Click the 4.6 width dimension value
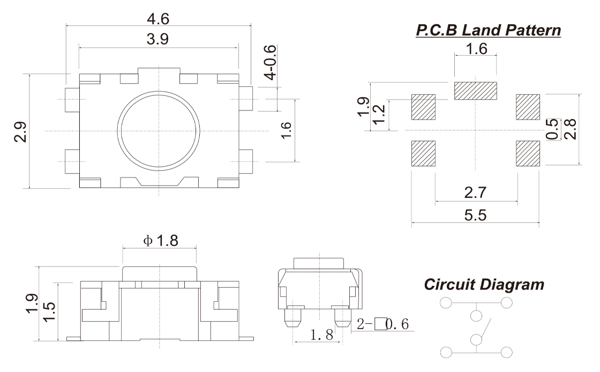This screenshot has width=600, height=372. pos(158,19)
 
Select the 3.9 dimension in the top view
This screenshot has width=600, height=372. pos(158,41)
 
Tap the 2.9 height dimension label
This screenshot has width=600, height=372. pos(20,131)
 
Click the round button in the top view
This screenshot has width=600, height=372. pos(159,131)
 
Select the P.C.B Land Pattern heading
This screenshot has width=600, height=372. pos(488,31)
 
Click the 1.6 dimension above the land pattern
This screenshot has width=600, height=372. pos(476,49)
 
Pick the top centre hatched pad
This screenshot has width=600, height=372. pos(476,91)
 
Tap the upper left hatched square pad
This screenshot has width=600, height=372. pos(423,107)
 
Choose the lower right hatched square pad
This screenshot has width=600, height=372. pos(528,153)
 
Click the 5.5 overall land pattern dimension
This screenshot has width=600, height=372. pos(476,215)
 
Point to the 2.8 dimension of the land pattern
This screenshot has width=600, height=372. pos(571,130)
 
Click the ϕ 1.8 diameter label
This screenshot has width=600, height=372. pos(160,241)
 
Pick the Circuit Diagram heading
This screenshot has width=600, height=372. pos(484,285)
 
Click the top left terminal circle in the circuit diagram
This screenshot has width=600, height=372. pos(446,303)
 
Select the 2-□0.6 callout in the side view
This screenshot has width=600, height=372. pos(384,324)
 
